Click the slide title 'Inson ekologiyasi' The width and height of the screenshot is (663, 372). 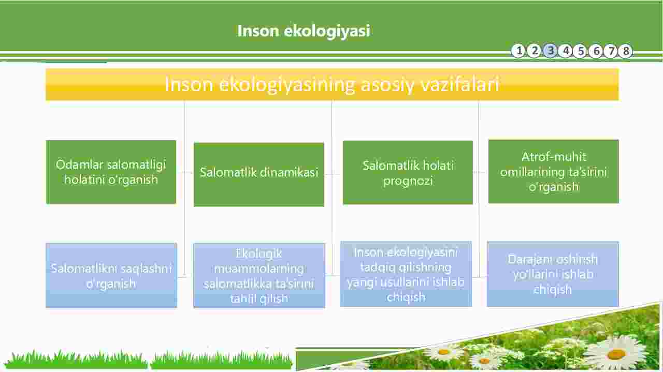tap(304, 31)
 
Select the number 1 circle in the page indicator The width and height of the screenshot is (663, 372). tap(519, 51)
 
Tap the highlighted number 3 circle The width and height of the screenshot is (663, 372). tap(550, 51)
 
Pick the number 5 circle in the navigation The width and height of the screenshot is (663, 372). tap(581, 51)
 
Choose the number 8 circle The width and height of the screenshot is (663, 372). tap(626, 51)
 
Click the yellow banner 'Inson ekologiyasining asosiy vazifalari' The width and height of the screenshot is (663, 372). tap(332, 84)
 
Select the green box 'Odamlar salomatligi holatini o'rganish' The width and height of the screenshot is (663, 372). tap(111, 172)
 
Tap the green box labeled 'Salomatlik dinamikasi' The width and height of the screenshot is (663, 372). tap(259, 174)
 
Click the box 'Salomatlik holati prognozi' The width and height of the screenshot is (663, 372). tap(408, 172)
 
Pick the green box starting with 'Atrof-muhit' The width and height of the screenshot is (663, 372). tap(554, 171)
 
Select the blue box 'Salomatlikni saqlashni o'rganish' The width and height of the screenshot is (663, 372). tap(111, 276)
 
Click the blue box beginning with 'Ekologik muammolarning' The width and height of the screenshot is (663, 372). tap(260, 276)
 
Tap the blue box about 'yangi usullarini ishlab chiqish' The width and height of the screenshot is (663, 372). tap(406, 274)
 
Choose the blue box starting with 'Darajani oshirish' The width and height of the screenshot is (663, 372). tap(553, 274)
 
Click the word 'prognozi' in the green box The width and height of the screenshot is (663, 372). tap(408, 181)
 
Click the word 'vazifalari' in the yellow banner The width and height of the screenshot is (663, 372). tap(460, 84)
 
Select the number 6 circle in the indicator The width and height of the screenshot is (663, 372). tap(596, 51)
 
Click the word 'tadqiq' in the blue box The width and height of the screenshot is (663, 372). tap(376, 268)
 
